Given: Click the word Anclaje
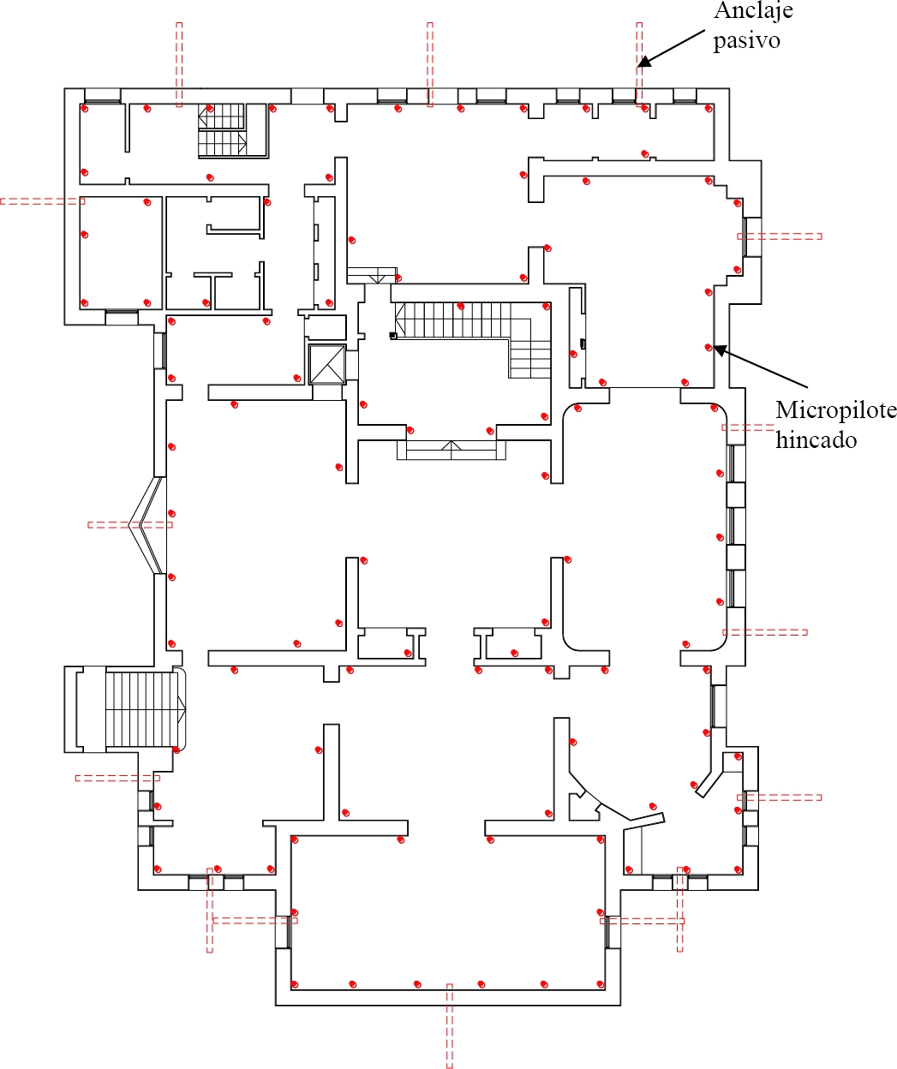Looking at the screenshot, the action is point(753,10).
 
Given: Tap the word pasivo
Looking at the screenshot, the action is point(746,40).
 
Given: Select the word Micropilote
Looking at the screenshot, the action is point(836,410).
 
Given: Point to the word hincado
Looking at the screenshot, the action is point(816,439).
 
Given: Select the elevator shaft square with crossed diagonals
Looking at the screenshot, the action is point(327,365).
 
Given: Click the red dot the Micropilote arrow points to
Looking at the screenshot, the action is point(709,348).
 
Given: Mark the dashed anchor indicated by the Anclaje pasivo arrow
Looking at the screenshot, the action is point(639,64).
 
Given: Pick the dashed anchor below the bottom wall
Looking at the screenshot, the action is point(450,1025).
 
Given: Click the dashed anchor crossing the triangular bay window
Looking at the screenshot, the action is point(130,525).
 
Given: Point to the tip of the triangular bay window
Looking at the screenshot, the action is point(129,525).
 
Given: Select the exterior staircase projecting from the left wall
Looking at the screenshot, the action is point(125,709).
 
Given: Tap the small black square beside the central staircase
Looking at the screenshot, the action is point(393,336).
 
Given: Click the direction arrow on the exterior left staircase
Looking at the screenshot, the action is point(182,709).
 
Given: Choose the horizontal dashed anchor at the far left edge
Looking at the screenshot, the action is point(43,201).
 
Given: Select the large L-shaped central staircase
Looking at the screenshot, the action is point(473,339).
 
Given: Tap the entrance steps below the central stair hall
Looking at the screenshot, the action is point(451,450).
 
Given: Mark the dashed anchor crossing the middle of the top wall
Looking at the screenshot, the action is point(430,64).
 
